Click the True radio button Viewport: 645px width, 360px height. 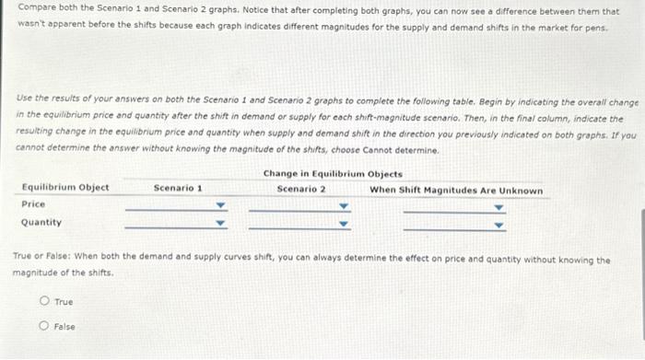43,302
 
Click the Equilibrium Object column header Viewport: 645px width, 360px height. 64,188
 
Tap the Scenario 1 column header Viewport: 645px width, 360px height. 178,188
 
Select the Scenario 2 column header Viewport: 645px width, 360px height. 301,189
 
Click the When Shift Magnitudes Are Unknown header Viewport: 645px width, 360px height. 456,190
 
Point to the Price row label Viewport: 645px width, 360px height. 33,203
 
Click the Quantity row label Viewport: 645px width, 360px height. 41,222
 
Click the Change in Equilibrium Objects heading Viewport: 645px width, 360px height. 333,174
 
